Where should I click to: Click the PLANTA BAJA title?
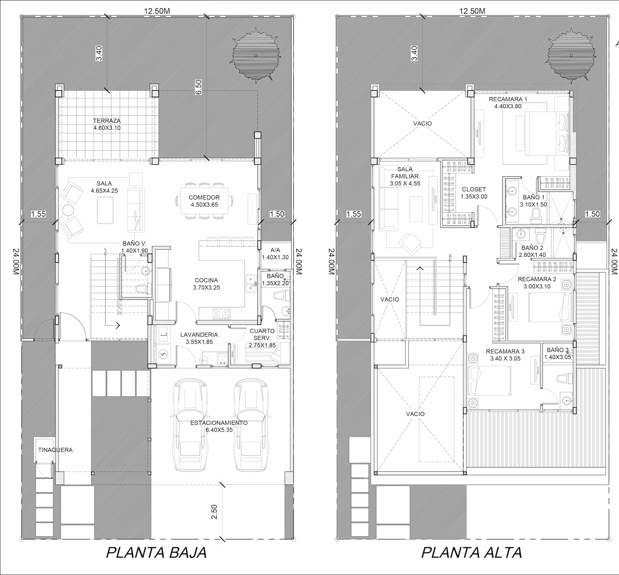[156, 553]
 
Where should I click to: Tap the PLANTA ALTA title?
[471, 553]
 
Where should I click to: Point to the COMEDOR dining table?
[204, 201]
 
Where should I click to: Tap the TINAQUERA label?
[55, 450]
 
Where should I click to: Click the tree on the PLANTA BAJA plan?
[256, 56]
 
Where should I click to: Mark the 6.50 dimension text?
[198, 87]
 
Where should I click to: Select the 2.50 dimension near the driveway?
[214, 512]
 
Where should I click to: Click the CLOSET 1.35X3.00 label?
[474, 193]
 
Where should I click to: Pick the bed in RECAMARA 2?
[550, 307]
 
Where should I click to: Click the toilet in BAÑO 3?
[564, 378]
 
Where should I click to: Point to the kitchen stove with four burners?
[222, 313]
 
